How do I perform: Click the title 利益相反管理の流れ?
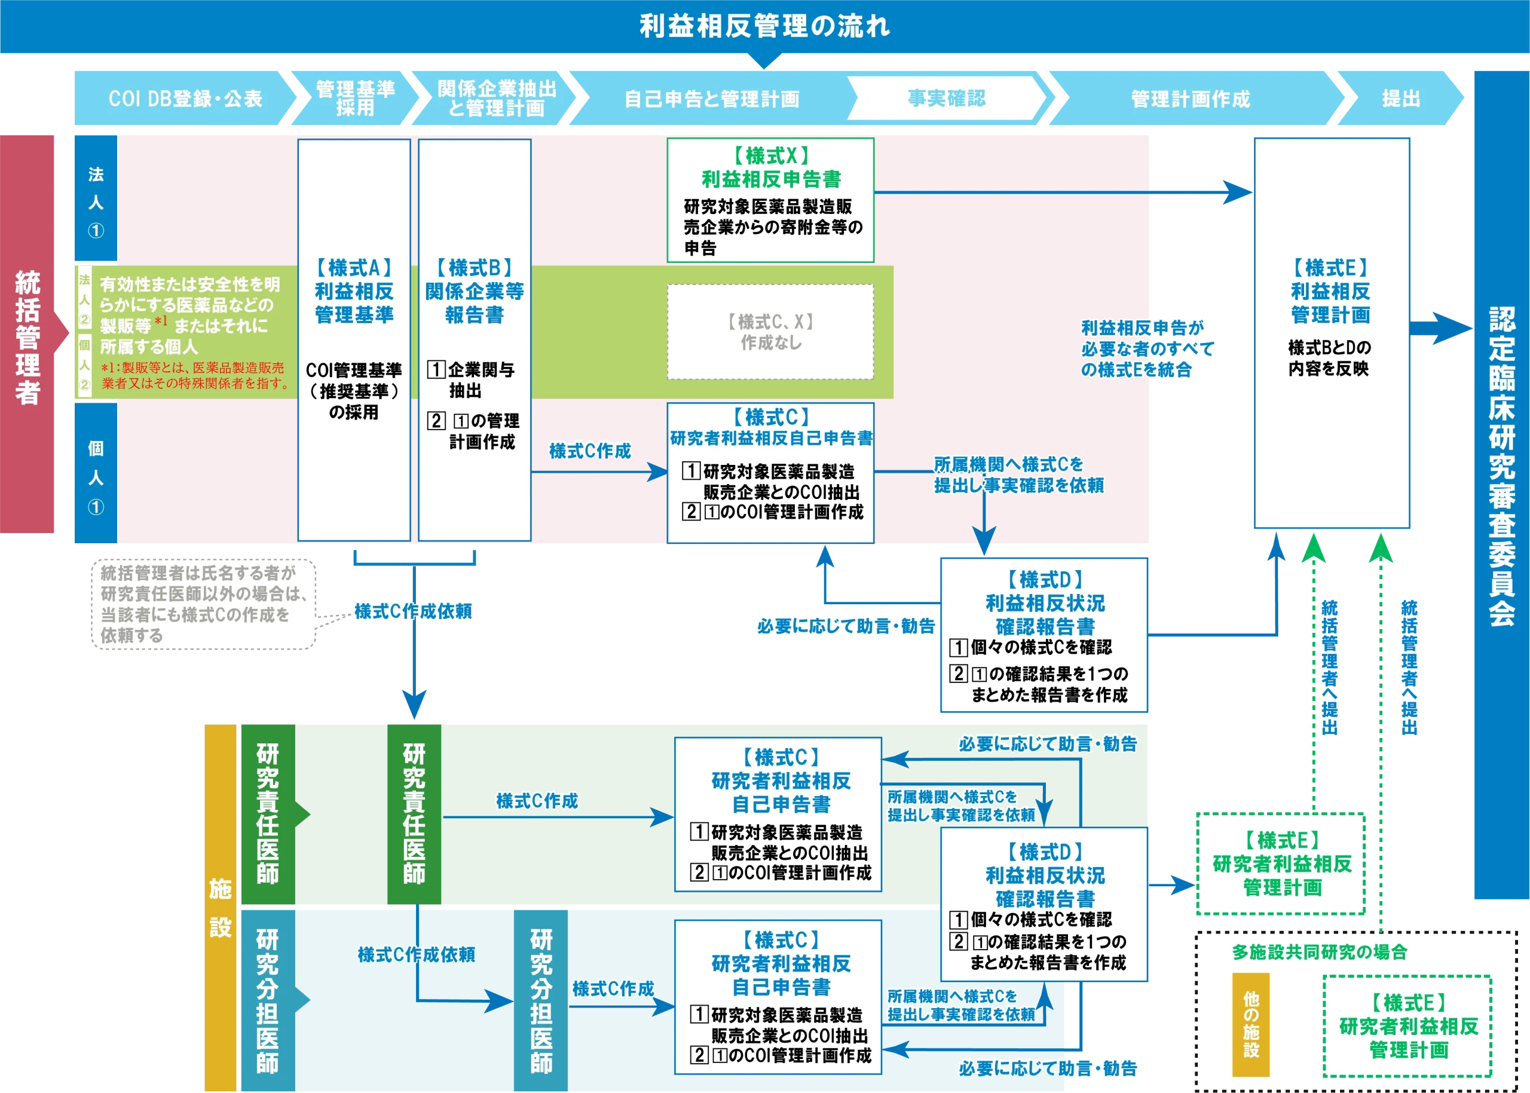(x=764, y=27)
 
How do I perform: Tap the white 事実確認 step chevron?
(x=945, y=98)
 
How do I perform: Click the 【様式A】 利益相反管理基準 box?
(x=354, y=339)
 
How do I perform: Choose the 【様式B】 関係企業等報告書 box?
(x=475, y=339)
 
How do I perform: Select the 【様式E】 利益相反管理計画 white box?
(x=1331, y=332)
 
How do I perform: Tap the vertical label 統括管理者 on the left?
(x=27, y=336)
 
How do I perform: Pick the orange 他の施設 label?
(x=1251, y=1024)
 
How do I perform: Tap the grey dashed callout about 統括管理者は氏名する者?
(x=203, y=603)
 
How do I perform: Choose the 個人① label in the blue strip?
(x=96, y=476)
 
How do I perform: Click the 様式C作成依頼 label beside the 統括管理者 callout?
(x=414, y=611)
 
